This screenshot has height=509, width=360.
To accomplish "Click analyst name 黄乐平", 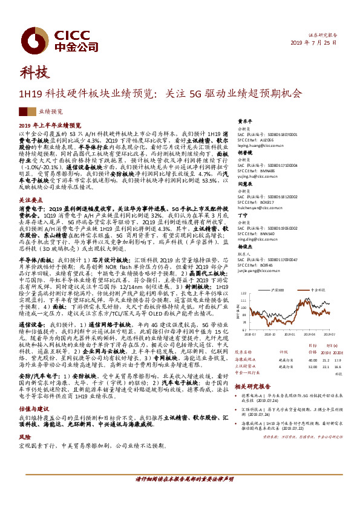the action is (244, 121).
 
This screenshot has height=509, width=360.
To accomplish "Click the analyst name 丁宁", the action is (242, 215).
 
